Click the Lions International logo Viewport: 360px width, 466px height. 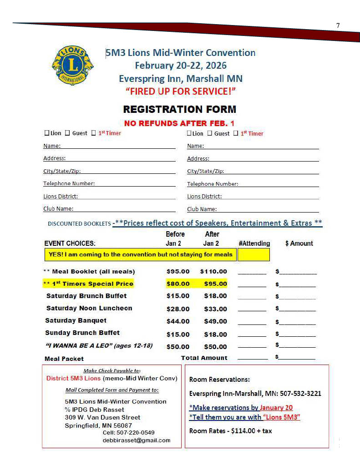point(72,65)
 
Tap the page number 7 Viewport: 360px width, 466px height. point(338,25)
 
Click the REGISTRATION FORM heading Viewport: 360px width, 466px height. point(180,109)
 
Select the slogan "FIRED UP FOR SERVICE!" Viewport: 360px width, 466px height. point(181,91)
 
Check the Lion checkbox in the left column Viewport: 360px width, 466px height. point(46,133)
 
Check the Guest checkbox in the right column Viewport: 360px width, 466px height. point(210,133)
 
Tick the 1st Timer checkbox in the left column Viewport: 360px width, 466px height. point(94,133)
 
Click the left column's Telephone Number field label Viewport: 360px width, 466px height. point(69,183)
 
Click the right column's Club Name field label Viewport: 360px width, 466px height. point(202,209)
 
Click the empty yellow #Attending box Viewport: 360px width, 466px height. point(254,254)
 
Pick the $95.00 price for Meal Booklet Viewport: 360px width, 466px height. point(178,271)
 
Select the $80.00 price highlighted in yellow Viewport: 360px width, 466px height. point(178,284)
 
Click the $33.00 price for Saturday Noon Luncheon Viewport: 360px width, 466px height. point(215,309)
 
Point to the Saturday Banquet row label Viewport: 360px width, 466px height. point(76,320)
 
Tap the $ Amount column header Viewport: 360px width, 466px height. point(299,243)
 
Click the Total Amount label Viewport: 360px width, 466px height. point(204,358)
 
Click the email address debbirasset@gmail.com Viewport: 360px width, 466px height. point(137,440)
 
